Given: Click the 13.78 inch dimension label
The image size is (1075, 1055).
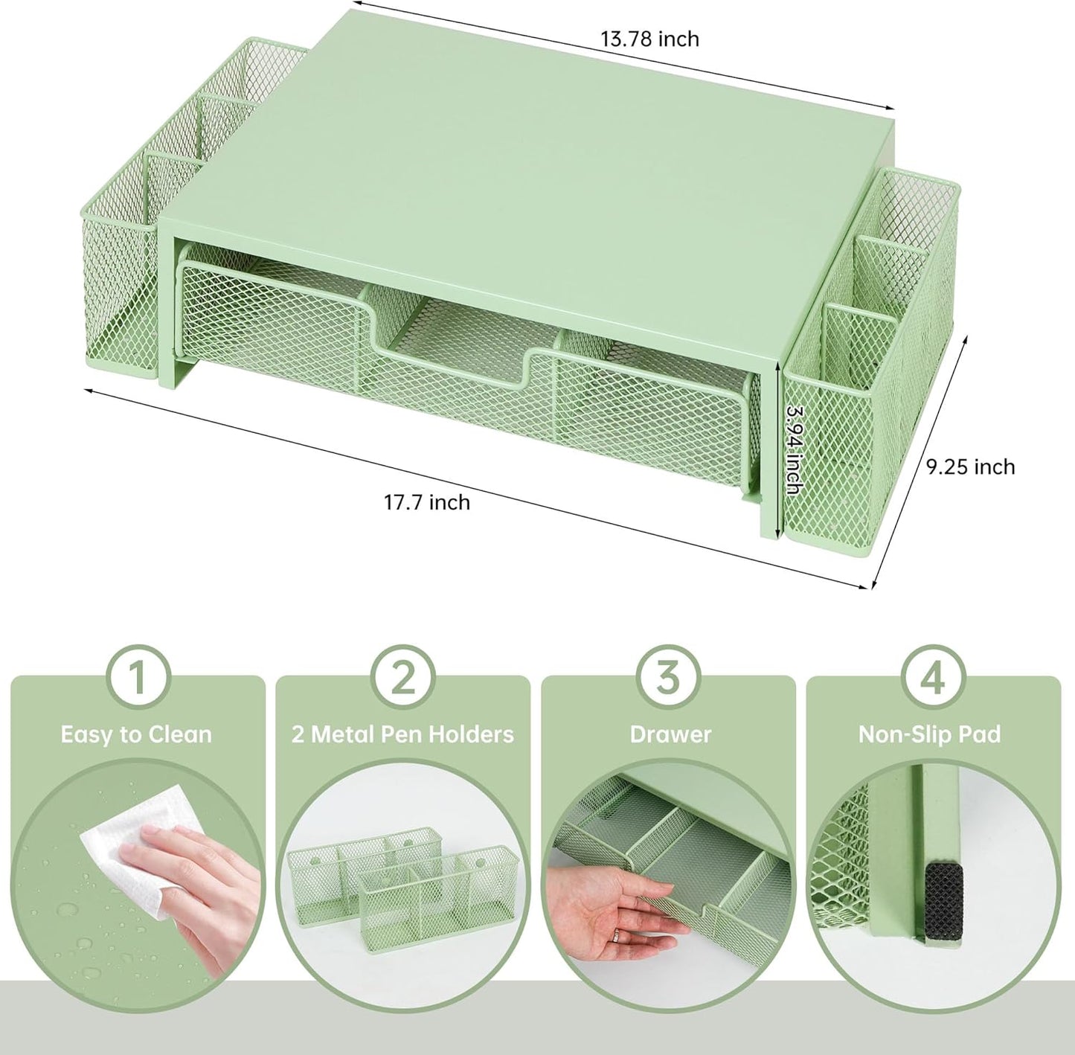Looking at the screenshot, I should coord(649,39).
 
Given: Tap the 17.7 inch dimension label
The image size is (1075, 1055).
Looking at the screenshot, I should coord(426,502).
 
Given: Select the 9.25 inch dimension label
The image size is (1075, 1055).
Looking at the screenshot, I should coord(970,466).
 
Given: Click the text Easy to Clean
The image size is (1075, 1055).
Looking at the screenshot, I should coord(137,735).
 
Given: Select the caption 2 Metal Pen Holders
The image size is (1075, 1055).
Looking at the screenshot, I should coord(402,735).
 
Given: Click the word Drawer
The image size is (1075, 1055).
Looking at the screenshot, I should coord(670,735).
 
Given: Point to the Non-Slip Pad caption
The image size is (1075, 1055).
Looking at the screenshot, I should coord(929,735).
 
